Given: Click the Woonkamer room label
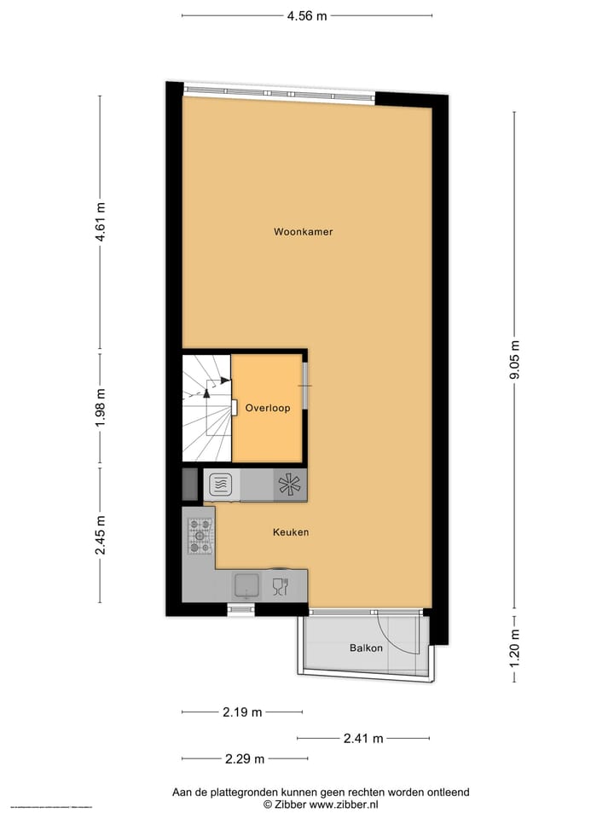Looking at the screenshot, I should tap(303, 231).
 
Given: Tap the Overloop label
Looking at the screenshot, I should tap(268, 408).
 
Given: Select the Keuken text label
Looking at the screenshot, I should tap(290, 531).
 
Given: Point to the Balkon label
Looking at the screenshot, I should tap(366, 648).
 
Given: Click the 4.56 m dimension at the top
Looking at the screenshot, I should tap(307, 15).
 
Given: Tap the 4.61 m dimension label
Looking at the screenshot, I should tap(101, 222).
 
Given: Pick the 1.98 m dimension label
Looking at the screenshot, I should tap(101, 408).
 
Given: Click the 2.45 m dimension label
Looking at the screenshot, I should tap(101, 535).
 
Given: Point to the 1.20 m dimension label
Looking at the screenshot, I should tap(514, 648).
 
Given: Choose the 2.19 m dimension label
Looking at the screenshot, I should tap(241, 712).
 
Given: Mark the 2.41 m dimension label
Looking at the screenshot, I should tap(363, 738).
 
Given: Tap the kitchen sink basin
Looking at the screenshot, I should tap(247, 585).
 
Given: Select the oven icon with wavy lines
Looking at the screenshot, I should tap(219, 485).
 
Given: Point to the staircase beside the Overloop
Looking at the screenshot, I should tap(206, 408).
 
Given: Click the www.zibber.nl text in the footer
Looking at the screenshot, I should tap(345, 804).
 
